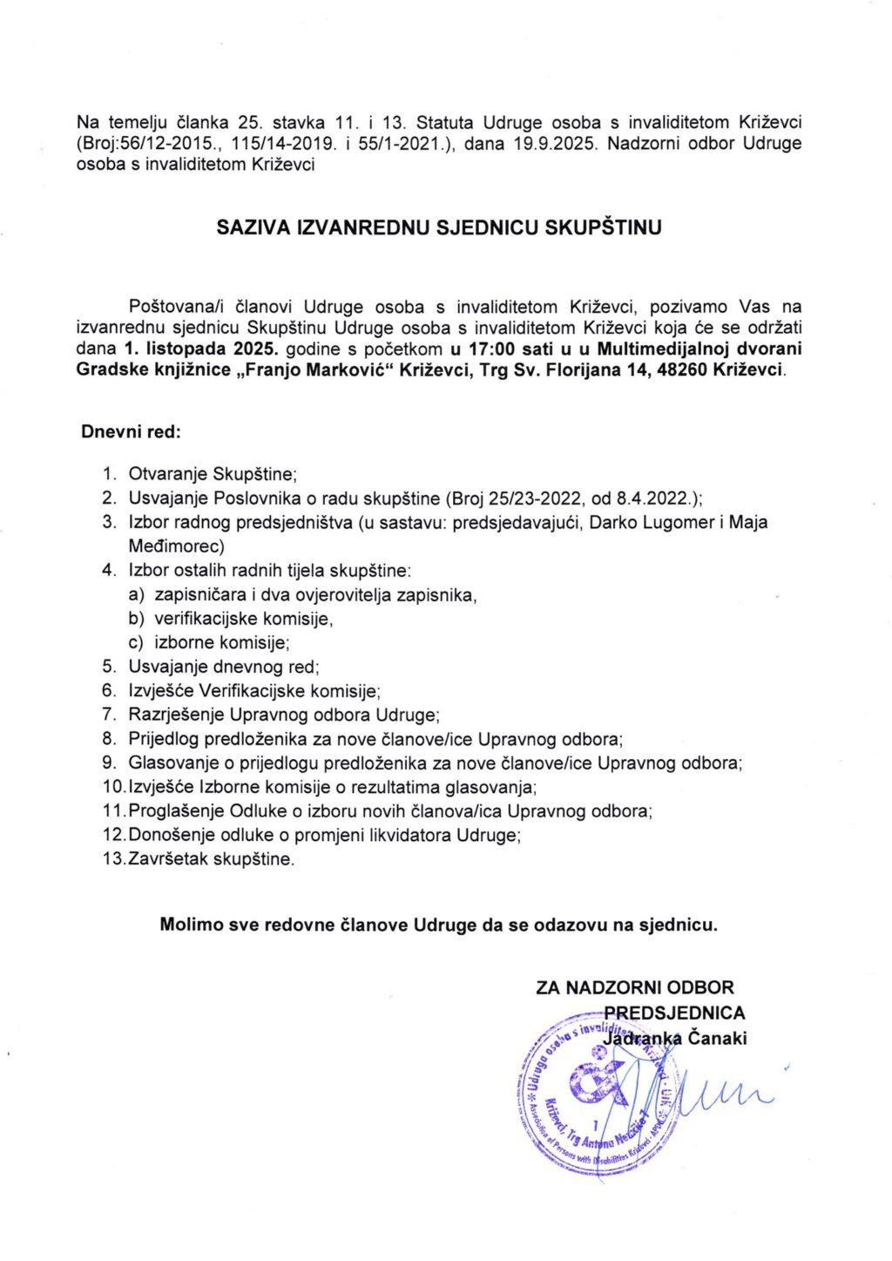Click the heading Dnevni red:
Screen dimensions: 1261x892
[132, 431]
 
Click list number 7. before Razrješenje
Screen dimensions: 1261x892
[109, 715]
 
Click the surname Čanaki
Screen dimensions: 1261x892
[718, 1038]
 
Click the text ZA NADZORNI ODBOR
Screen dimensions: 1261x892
[635, 987]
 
